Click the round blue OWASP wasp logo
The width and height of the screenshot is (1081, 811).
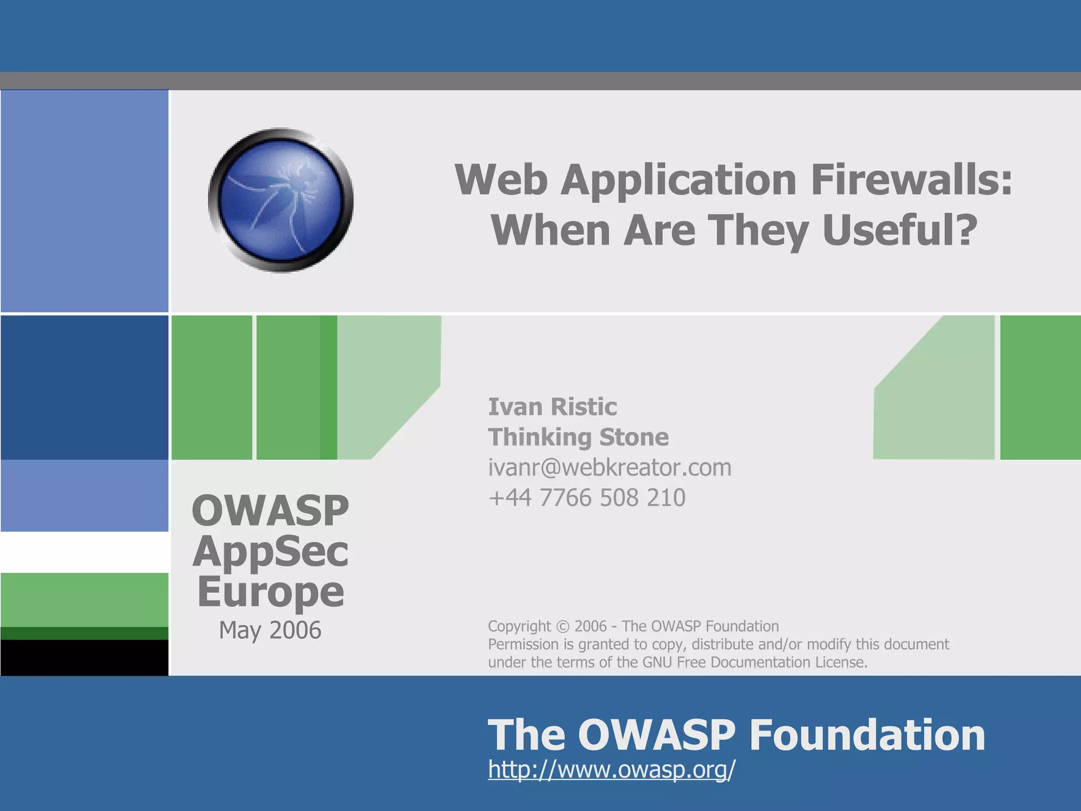[x=280, y=200]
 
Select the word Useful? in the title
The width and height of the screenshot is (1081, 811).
[x=900, y=231]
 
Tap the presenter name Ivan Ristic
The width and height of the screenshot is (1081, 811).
[x=552, y=407]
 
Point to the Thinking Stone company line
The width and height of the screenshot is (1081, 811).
[x=578, y=437]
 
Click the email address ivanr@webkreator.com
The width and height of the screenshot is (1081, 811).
[x=610, y=468]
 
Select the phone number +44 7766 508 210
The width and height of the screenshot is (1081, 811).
[x=586, y=498]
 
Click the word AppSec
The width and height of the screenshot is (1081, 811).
[x=270, y=552]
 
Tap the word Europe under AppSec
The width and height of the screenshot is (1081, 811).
[x=271, y=592]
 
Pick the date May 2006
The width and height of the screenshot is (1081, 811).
[x=270, y=630]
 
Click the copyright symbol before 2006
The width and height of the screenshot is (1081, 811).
[x=563, y=627]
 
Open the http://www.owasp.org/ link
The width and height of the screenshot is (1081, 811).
[x=611, y=769]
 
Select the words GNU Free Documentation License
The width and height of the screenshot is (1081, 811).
[x=754, y=663]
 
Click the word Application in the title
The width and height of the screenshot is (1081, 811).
[x=679, y=180]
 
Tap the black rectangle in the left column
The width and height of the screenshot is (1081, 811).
[x=84, y=657]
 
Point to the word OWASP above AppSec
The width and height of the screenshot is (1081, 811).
[x=270, y=511]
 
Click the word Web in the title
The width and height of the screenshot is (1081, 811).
[x=501, y=180]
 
